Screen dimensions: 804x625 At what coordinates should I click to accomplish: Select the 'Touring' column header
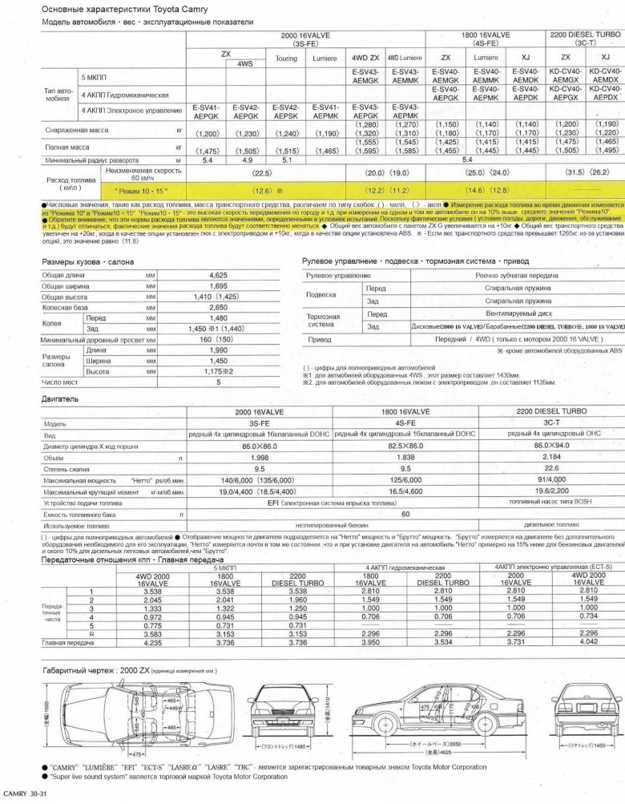[286, 59]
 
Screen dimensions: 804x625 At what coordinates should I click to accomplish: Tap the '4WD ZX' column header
[365, 59]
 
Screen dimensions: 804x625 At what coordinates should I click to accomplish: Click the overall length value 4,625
[218, 275]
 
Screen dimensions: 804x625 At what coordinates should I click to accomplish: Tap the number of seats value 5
[218, 382]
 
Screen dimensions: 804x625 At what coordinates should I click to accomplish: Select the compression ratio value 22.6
[551, 468]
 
